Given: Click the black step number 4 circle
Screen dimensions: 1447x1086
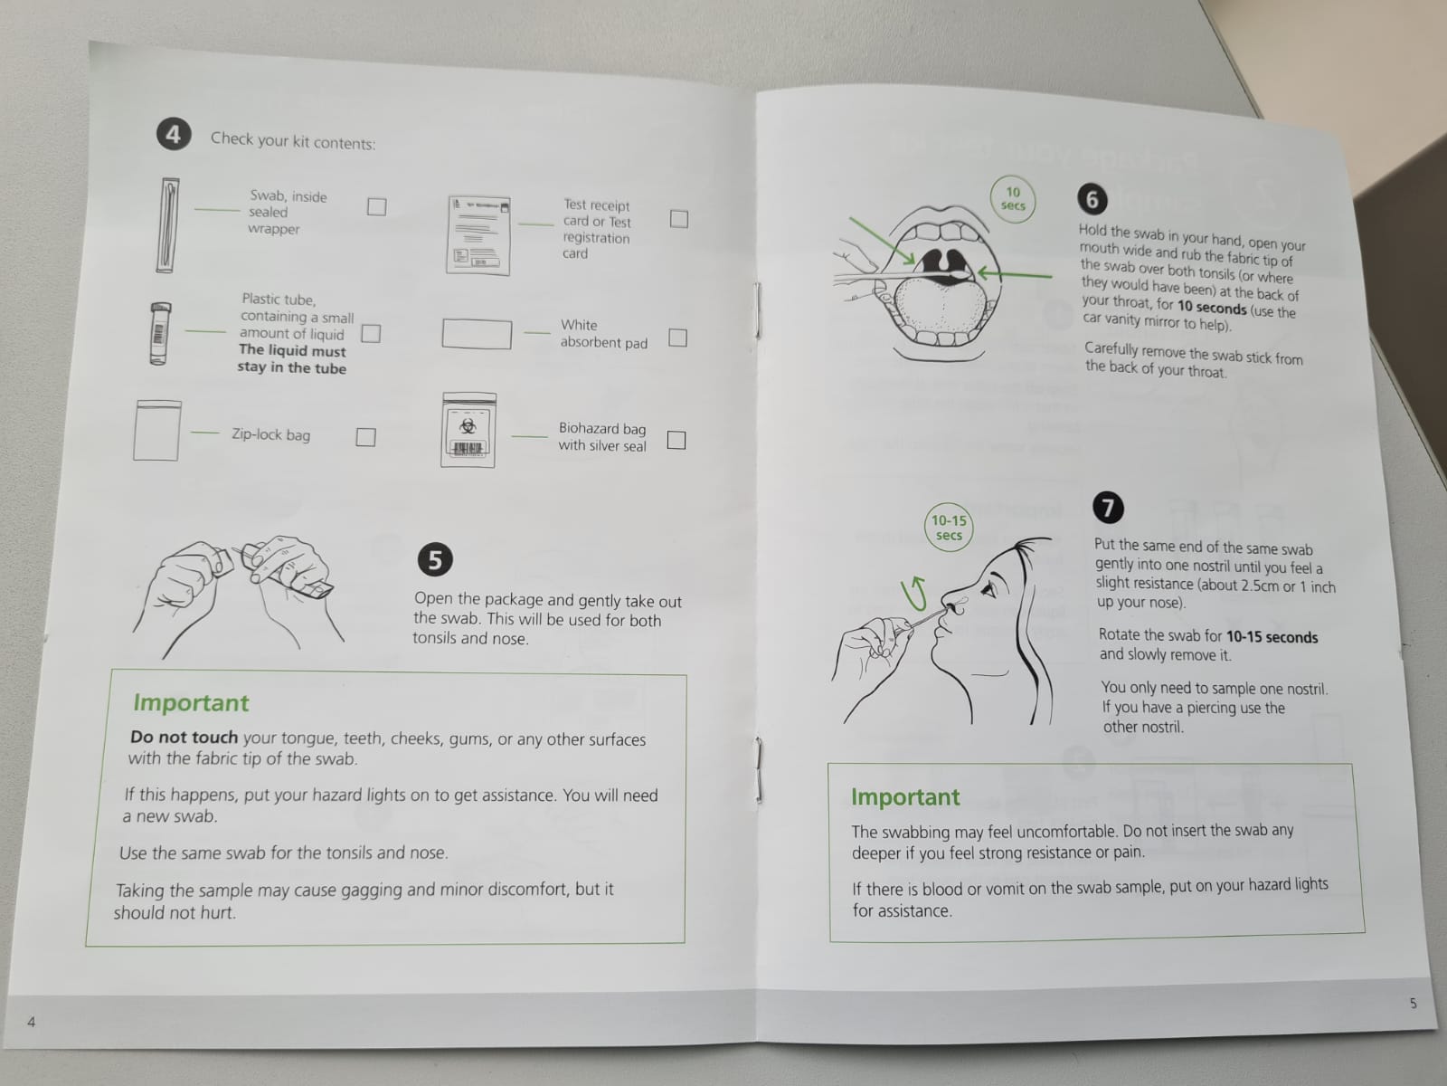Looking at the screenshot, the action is (174, 134).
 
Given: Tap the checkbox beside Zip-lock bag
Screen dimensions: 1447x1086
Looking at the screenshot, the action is (366, 436).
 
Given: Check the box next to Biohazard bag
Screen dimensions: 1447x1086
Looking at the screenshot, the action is (676, 440).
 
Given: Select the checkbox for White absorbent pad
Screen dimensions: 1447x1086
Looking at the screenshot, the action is (677, 338).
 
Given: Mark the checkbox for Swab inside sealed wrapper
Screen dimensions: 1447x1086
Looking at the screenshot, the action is (376, 206).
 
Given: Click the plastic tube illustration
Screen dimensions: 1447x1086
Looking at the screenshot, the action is (159, 333).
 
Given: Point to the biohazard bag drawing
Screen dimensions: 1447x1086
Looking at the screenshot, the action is (468, 430).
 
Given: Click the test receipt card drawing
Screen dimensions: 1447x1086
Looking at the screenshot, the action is (478, 234).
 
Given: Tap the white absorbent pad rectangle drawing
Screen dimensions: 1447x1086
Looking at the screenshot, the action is (477, 334).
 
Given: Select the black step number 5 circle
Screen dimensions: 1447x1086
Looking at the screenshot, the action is (435, 559).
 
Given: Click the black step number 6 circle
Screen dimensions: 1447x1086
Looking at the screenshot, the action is (1092, 199).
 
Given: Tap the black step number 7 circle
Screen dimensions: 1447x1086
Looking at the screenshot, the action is (1108, 508).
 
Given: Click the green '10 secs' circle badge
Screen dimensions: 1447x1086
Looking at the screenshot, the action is (1013, 198).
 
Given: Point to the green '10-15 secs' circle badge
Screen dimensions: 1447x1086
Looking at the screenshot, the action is (949, 528).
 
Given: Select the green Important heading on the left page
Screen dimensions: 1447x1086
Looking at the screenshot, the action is (191, 703).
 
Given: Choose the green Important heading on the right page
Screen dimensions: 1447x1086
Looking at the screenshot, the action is (905, 797).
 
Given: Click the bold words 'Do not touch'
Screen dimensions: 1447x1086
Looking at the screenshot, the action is (184, 738).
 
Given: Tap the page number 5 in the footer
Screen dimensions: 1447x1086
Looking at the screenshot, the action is (1413, 1003).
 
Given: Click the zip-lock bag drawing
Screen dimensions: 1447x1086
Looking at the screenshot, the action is (156, 431).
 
